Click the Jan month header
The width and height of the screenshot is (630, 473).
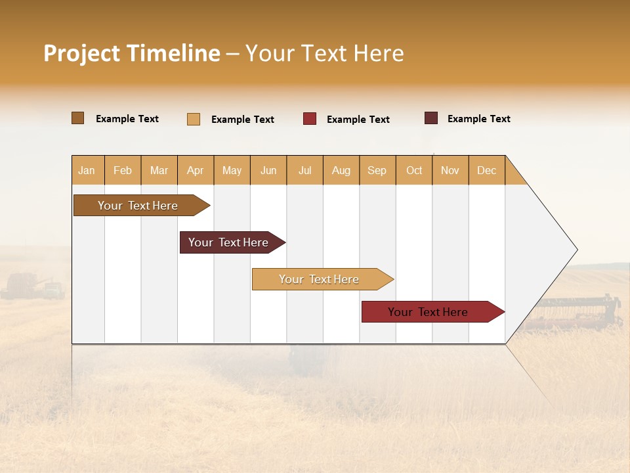(87, 170)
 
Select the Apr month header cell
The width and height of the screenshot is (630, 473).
(196, 170)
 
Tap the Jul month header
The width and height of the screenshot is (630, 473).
(304, 170)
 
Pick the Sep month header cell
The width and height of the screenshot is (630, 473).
(377, 170)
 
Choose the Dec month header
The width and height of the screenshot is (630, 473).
(486, 170)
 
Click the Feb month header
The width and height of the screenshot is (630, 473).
(123, 170)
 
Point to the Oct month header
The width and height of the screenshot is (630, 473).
(414, 170)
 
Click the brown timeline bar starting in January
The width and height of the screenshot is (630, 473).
(138, 206)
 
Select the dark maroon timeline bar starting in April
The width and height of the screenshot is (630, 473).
(229, 242)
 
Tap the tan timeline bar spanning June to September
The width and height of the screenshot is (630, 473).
(320, 279)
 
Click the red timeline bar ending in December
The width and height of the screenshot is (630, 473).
(429, 312)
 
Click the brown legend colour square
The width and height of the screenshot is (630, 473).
(77, 118)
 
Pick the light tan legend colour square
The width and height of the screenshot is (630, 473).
(193, 119)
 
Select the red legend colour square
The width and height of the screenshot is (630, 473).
(310, 119)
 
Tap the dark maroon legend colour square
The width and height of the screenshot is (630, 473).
(430, 118)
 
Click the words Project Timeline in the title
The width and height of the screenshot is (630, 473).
(132, 53)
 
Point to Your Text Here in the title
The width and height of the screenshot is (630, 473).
(325, 53)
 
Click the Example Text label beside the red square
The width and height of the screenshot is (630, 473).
(358, 120)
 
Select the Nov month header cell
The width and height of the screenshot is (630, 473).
(450, 170)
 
